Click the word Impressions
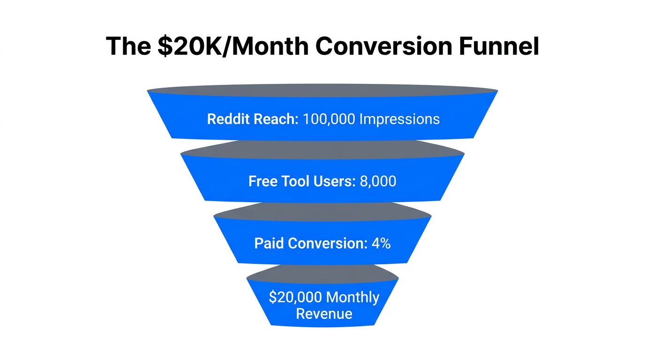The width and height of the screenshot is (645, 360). tap(399, 119)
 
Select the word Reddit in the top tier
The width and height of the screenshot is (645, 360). tap(228, 119)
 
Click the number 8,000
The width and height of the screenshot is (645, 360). tap(378, 181)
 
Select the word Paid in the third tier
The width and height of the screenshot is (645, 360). tap(269, 243)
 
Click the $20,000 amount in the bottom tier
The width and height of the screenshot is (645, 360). tap(295, 297)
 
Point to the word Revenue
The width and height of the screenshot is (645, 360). tap(324, 314)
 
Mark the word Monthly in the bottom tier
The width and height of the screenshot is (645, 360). tap(352, 297)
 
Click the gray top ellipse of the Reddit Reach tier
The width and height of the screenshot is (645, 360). tap(322, 90)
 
